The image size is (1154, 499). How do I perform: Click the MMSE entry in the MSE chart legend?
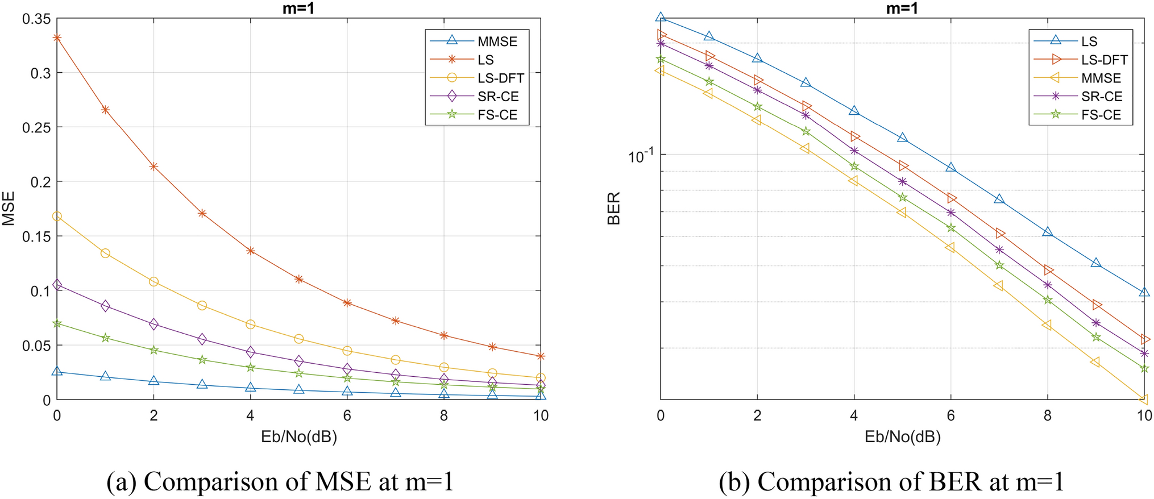point(497,41)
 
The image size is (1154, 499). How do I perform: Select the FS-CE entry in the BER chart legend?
point(1101,115)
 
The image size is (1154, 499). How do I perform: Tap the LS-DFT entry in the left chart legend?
point(500,78)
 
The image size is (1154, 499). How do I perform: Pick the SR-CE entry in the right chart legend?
point(1101,97)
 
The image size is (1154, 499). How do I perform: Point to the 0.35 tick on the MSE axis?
point(36,19)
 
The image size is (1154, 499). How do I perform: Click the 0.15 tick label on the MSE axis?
point(36,236)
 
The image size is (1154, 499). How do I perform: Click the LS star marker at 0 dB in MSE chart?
point(57,38)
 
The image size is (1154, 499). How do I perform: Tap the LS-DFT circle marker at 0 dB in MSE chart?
point(57,217)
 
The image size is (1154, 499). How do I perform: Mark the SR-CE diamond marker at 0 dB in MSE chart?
point(57,285)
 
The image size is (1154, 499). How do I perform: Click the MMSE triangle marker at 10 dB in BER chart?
point(1144,399)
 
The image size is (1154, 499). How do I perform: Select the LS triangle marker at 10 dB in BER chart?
point(1144,292)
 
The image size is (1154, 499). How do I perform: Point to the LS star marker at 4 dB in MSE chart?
point(251,251)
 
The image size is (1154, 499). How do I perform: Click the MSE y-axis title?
point(9,209)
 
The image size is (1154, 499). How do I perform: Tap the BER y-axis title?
point(614,209)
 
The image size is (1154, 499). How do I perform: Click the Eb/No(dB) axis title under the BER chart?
point(902,436)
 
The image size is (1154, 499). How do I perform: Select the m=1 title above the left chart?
point(298,8)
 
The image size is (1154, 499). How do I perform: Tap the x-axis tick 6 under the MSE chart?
point(347,415)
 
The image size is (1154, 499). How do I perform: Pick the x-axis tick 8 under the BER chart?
point(1047,415)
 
